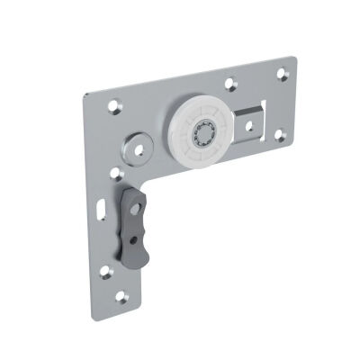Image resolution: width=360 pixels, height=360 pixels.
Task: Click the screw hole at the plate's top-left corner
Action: point(114,106)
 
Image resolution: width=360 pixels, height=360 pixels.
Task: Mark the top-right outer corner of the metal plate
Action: point(293,58)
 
